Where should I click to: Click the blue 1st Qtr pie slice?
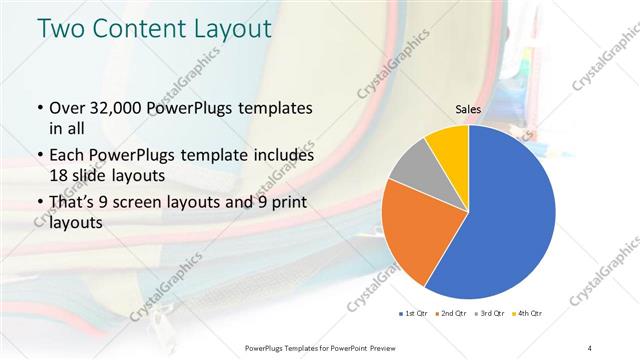coord(505,215)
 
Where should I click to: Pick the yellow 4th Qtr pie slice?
coord(447,144)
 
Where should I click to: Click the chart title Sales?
coord(468,108)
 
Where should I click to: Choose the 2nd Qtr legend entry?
coord(450,314)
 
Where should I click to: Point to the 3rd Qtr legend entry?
coord(489,314)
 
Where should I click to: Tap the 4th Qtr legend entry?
coord(527,314)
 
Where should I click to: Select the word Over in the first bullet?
coord(65,108)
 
